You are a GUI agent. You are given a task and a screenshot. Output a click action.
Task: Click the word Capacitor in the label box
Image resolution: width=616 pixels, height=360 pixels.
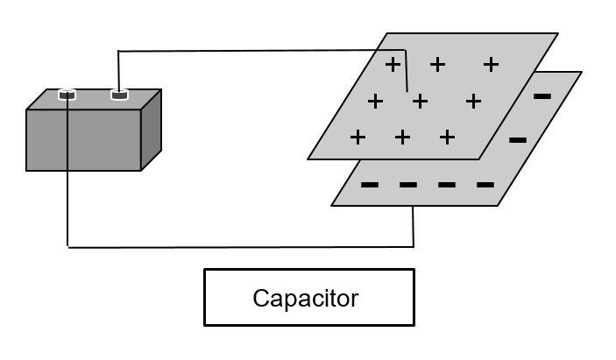pyautogui.click(x=306, y=298)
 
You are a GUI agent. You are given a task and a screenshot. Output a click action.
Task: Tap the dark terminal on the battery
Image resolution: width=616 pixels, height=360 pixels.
pyautogui.click(x=119, y=94)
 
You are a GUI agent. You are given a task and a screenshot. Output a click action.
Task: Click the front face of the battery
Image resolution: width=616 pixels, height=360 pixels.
pyautogui.click(x=84, y=140)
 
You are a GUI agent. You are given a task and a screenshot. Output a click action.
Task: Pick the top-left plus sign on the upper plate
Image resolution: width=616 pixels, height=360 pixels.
pyautogui.click(x=393, y=64)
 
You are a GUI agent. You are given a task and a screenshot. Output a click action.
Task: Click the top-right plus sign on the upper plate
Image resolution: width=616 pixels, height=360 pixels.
pyautogui.click(x=491, y=64)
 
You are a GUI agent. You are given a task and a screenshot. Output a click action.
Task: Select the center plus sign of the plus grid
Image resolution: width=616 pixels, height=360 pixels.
pyautogui.click(x=420, y=102)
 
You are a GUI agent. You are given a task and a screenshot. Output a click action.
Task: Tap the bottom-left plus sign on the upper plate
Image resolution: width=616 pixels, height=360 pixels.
pyautogui.click(x=358, y=138)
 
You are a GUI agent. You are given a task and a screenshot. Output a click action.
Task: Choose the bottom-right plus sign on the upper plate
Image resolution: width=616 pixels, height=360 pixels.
pyautogui.click(x=447, y=138)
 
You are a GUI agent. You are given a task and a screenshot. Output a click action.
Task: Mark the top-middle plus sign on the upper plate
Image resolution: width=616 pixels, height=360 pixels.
pyautogui.click(x=437, y=64)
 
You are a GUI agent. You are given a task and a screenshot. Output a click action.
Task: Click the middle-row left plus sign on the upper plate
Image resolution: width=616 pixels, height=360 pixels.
pyautogui.click(x=376, y=102)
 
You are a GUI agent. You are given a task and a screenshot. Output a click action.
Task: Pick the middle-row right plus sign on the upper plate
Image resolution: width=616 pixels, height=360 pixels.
pyautogui.click(x=473, y=102)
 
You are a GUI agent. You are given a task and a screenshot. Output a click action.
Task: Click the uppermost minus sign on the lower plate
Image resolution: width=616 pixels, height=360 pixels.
pyautogui.click(x=542, y=95)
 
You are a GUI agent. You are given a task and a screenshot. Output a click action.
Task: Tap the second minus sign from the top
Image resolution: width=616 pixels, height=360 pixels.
pyautogui.click(x=517, y=139)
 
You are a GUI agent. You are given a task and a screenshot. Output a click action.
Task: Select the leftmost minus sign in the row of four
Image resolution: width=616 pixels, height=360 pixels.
pyautogui.click(x=370, y=185)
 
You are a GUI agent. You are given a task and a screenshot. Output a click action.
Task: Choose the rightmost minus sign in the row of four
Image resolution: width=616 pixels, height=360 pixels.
pyautogui.click(x=485, y=185)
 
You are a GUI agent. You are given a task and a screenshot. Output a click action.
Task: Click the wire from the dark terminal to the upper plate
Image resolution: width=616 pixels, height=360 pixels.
pyautogui.click(x=263, y=51)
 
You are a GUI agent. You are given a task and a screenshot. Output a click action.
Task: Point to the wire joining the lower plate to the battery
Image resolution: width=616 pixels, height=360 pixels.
pyautogui.click(x=237, y=247)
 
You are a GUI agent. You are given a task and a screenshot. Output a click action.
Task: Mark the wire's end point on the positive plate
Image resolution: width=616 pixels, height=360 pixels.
pyautogui.click(x=407, y=89)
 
